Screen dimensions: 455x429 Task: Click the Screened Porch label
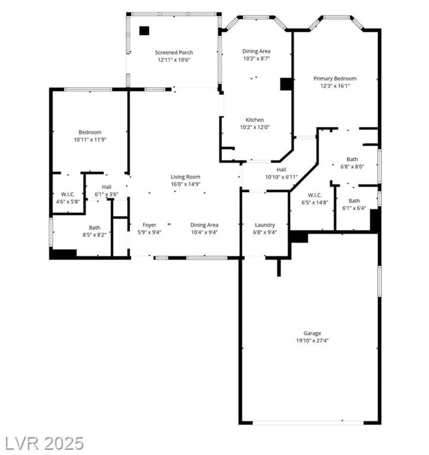tap(174, 52)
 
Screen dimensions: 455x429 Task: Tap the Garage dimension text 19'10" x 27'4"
tap(312, 341)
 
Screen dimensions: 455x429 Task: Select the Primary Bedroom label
tap(335, 79)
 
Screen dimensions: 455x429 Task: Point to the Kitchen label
tap(255, 120)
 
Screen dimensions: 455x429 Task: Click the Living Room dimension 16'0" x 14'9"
tap(185, 184)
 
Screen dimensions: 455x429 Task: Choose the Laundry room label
tap(265, 225)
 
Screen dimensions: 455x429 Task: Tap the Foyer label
tap(149, 225)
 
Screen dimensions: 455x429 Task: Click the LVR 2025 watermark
tap(44, 443)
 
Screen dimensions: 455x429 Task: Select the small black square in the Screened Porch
tap(144, 31)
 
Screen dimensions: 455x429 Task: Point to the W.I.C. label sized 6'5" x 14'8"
tap(315, 195)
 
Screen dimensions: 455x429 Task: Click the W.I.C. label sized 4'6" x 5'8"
tap(68, 194)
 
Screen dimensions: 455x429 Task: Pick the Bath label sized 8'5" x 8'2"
tap(94, 227)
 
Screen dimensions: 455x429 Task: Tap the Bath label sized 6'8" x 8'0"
tap(352, 159)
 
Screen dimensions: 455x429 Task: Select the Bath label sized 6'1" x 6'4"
tap(354, 201)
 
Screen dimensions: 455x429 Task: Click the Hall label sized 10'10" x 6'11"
tap(281, 170)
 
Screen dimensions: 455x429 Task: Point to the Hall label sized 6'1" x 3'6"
tap(106, 187)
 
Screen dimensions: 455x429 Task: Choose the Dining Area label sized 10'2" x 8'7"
tap(256, 51)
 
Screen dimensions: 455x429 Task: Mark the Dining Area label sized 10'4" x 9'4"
tap(204, 225)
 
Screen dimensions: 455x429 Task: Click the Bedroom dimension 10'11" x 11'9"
tap(90, 140)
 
